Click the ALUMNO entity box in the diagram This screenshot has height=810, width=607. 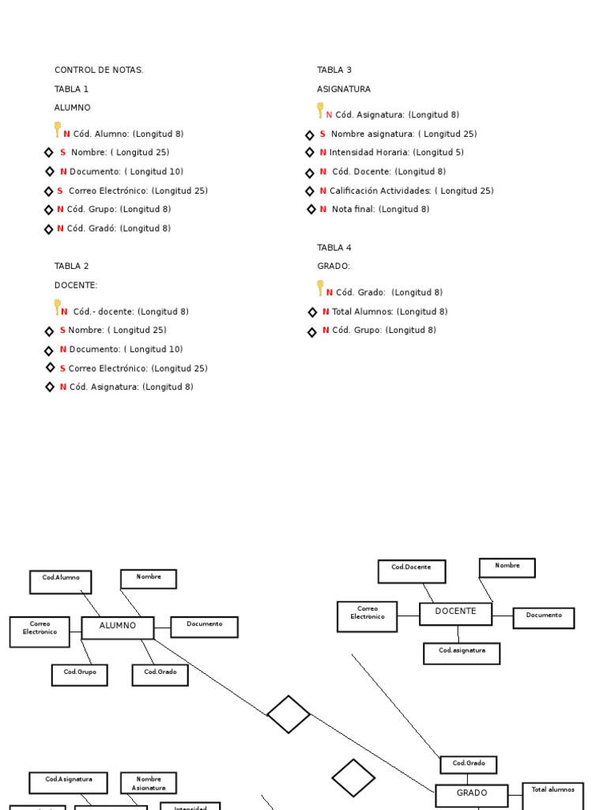point(118,627)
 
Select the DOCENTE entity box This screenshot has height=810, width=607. point(455,613)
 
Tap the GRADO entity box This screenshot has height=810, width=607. point(471,794)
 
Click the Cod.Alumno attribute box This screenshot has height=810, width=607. point(61,581)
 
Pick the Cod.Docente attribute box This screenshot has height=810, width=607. point(411,571)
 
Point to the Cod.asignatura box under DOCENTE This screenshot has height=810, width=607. point(462,653)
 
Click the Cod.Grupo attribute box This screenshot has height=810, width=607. point(80,675)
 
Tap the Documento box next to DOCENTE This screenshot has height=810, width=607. point(543,618)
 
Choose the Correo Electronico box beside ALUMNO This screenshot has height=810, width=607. point(40,631)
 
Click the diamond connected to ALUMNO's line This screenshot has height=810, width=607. point(288,714)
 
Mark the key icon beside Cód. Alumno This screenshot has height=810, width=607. point(58,130)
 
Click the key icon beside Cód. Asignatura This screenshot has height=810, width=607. point(320,111)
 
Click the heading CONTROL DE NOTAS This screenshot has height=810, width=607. point(99,70)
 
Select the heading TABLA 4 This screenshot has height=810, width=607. point(334,248)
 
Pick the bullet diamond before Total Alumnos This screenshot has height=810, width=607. point(312,312)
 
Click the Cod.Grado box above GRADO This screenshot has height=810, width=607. point(469,764)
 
